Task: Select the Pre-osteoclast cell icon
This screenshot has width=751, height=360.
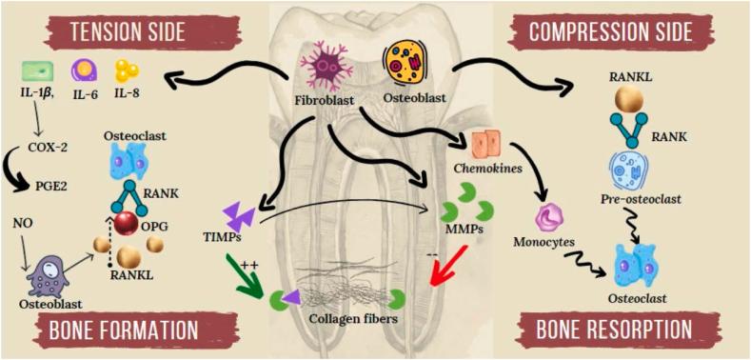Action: (628, 171)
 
